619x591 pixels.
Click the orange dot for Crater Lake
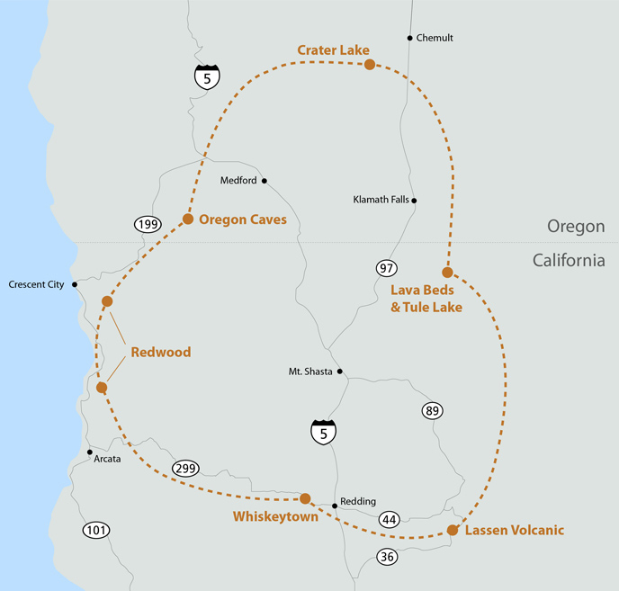pos(369,65)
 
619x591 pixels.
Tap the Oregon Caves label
pos(242,219)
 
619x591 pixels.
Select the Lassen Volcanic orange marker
pos(453,530)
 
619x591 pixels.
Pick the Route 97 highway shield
pos(387,268)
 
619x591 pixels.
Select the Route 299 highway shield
pos(185,469)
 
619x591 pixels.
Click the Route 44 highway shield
pos(389,519)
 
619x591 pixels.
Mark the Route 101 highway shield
pos(96,531)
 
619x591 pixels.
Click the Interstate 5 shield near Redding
pos(324,431)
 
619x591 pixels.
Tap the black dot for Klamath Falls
pos(415,201)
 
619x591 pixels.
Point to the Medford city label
pos(238,181)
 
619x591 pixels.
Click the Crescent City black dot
pos(75,284)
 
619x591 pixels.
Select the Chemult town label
pos(435,38)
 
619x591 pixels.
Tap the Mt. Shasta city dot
pos(339,371)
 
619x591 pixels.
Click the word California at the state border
pos(568,260)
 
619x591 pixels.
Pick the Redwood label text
pos(161,352)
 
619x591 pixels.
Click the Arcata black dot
pos(89,452)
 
